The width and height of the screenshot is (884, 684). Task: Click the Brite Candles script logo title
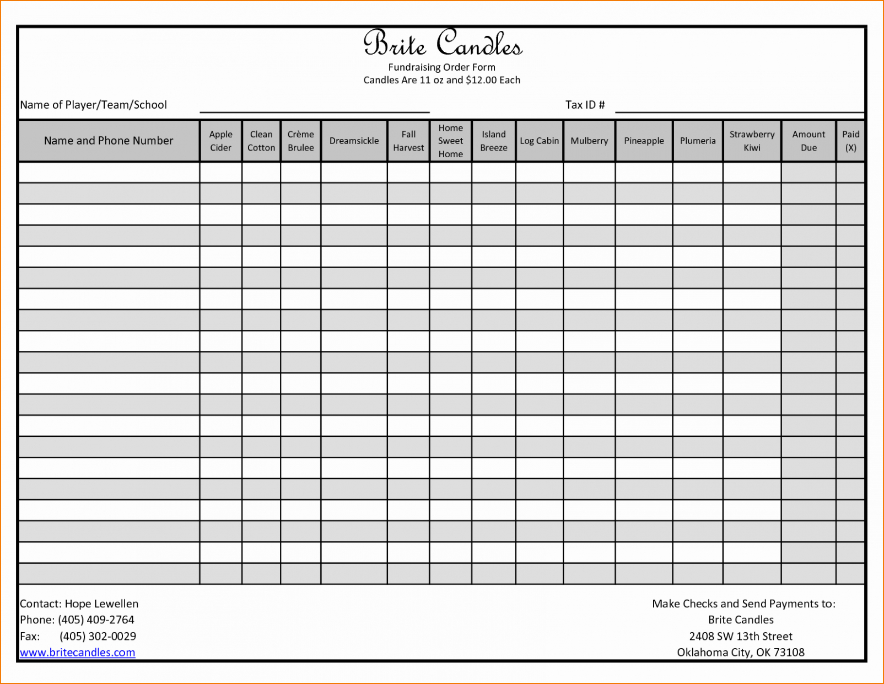pyautogui.click(x=442, y=43)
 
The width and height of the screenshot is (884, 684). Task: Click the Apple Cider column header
pyautogui.click(x=220, y=141)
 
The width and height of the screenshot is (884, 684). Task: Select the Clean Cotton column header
pyautogui.click(x=261, y=141)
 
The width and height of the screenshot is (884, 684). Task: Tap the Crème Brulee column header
pyautogui.click(x=300, y=141)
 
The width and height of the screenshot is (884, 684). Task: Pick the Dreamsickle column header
pyautogui.click(x=354, y=141)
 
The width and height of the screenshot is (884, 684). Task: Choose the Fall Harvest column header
pyautogui.click(x=408, y=141)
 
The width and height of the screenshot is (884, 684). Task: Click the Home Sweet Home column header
pyautogui.click(x=450, y=141)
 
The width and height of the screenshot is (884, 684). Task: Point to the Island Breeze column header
pyautogui.click(x=493, y=141)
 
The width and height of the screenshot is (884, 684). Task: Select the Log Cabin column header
pyautogui.click(x=539, y=141)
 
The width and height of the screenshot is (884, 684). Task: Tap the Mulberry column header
pyautogui.click(x=589, y=141)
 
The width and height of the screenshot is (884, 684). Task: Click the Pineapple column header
pyautogui.click(x=644, y=141)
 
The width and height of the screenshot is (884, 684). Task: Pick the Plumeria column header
pyautogui.click(x=698, y=141)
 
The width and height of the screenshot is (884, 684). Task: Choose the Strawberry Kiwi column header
pyautogui.click(x=752, y=141)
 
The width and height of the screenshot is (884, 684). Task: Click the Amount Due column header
pyautogui.click(x=808, y=141)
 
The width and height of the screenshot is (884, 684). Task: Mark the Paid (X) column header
pyautogui.click(x=850, y=141)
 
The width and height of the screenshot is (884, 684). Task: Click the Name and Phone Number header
pyautogui.click(x=109, y=141)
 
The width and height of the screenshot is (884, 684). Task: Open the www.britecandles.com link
pyautogui.click(x=78, y=653)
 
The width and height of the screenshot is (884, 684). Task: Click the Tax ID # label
pyautogui.click(x=585, y=105)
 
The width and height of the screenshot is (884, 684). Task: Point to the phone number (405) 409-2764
pyautogui.click(x=96, y=620)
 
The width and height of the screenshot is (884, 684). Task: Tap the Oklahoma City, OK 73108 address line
pyautogui.click(x=740, y=653)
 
